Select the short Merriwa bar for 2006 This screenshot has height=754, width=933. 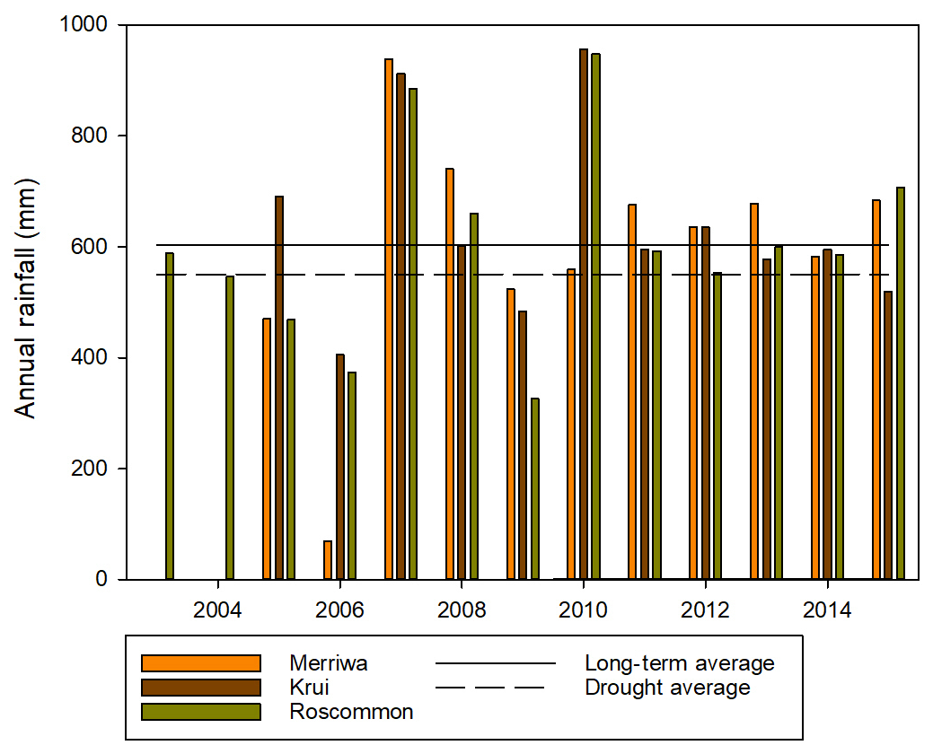pos(328,560)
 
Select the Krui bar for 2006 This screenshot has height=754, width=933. pos(340,467)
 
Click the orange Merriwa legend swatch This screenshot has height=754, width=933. pos(201,663)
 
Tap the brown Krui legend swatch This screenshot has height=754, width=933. pos(201,688)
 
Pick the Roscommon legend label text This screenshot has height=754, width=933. pos(351,712)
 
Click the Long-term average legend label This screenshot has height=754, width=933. pos(679,663)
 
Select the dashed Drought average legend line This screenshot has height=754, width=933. pos(490,688)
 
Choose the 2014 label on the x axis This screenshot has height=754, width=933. pos(827,610)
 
